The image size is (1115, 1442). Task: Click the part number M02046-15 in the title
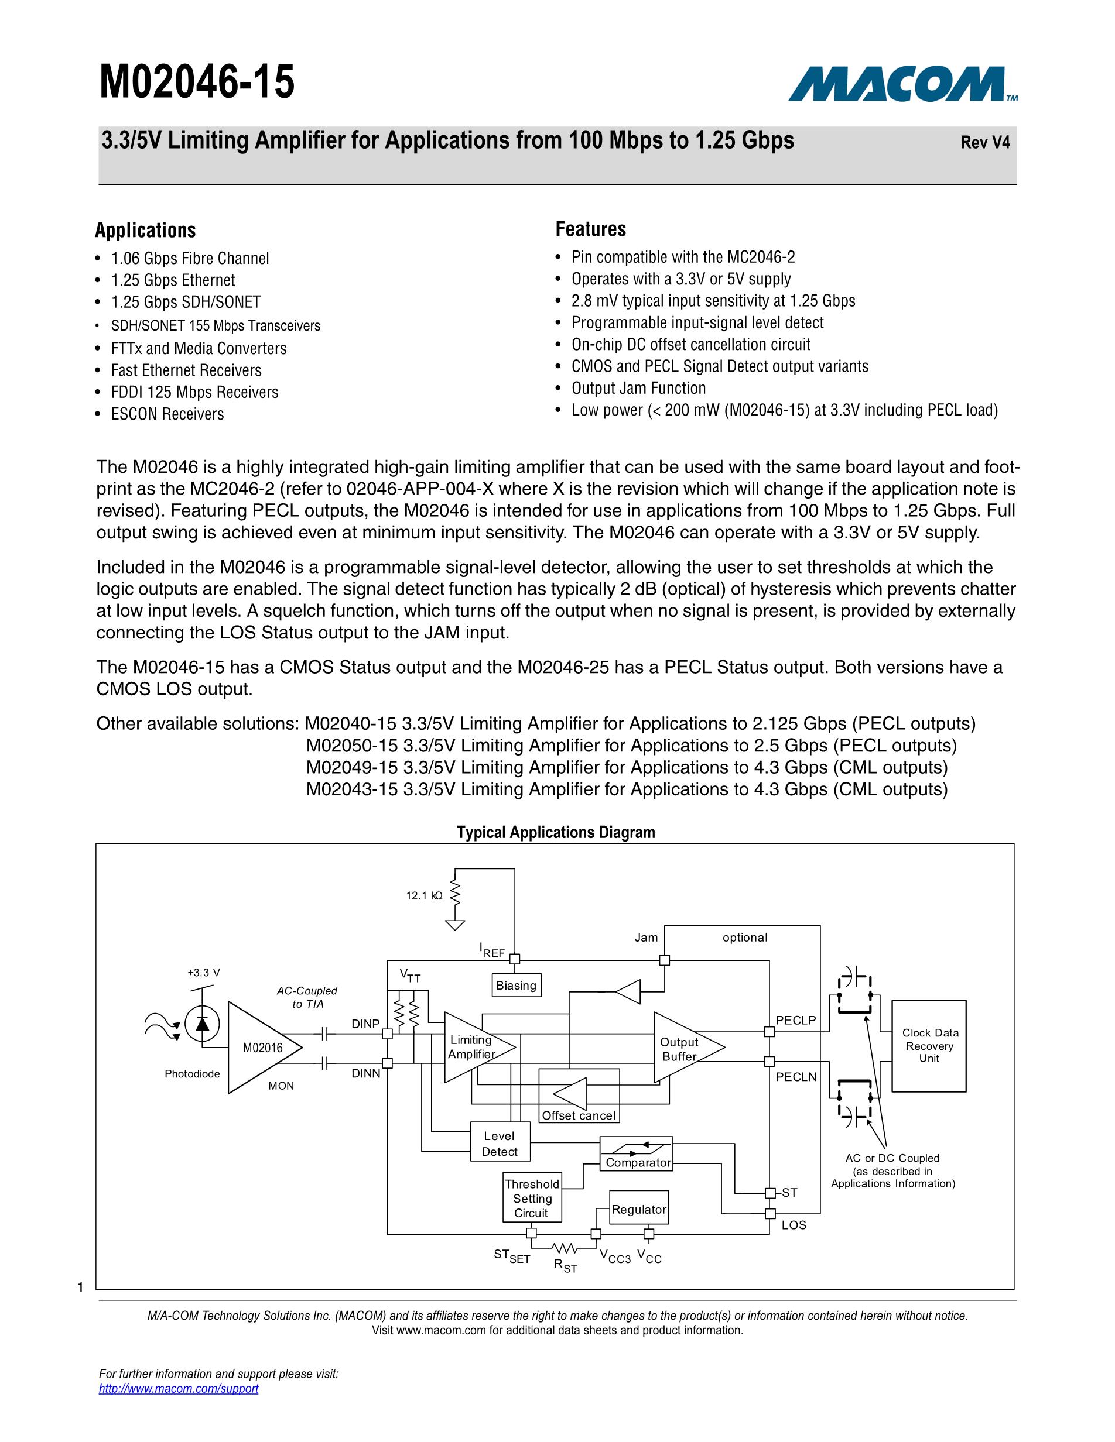(x=197, y=83)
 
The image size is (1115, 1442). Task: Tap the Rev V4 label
(x=984, y=143)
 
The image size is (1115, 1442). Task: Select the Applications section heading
(x=145, y=231)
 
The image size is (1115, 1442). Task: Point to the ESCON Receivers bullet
(x=167, y=414)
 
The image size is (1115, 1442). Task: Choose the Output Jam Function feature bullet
(x=638, y=388)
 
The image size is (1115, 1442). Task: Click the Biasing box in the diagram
(x=516, y=985)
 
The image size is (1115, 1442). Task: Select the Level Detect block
(x=500, y=1144)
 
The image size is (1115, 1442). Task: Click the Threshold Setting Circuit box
(x=532, y=1199)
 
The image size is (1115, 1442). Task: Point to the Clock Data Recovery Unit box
(x=929, y=1045)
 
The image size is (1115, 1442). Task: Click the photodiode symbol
(x=202, y=1024)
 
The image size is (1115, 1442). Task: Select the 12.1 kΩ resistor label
(x=424, y=896)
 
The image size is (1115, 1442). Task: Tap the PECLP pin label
(x=795, y=1020)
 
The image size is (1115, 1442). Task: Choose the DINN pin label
(x=365, y=1073)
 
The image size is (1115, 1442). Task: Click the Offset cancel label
(x=579, y=1116)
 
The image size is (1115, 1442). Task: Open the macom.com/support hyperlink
(x=179, y=1389)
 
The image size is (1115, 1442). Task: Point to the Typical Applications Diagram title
(x=556, y=833)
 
